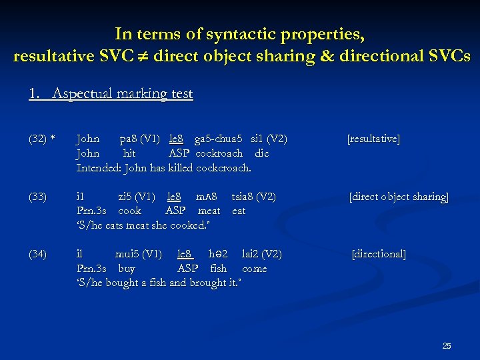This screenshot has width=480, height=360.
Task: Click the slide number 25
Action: tap(447, 345)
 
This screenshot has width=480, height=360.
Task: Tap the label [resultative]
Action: tap(373, 139)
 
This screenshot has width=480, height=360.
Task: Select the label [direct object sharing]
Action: tap(399, 197)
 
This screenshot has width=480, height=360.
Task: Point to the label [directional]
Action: tap(379, 254)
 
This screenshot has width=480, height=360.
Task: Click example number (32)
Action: tap(37, 139)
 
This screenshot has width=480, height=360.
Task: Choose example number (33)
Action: tap(38, 197)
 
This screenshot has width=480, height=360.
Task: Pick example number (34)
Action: tap(38, 254)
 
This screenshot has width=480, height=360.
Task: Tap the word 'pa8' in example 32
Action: tap(128, 139)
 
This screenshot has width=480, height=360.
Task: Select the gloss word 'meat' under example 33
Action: tap(209, 211)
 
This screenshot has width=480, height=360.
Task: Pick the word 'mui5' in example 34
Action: tap(127, 254)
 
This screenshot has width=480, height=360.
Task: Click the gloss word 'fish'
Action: tap(218, 269)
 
